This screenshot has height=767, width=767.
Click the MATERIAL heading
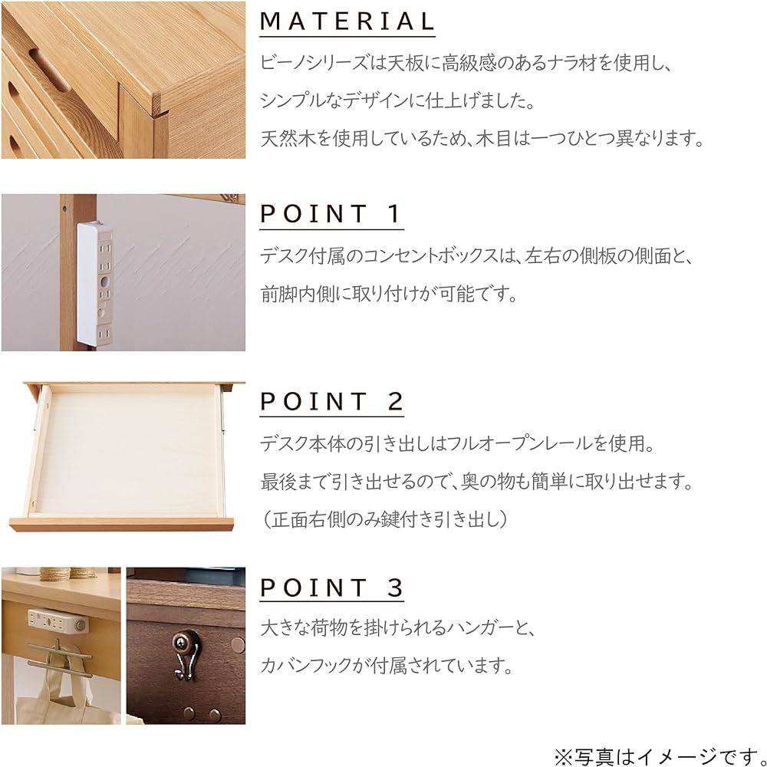pos(347,21)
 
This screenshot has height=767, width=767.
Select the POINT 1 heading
pos(331,214)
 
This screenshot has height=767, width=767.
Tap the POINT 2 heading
pos(331,401)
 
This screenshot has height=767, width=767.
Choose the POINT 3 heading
pos(331,588)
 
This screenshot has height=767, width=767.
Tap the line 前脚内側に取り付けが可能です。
pos(387,293)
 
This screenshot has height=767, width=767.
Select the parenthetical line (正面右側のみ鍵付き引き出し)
pos(383,519)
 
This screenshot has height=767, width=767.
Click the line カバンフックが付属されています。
pos(387,664)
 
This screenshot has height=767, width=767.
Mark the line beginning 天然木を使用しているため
pos(482,140)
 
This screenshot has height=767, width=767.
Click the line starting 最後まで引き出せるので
pos(476,482)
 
